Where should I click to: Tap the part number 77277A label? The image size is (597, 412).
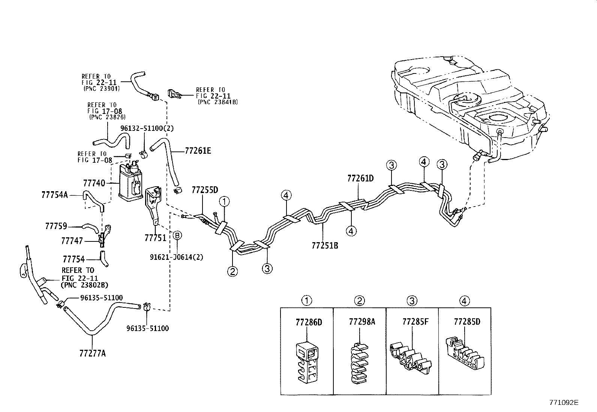pyautogui.click(x=92, y=353)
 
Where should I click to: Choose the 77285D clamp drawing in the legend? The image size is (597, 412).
pyautogui.click(x=463, y=355)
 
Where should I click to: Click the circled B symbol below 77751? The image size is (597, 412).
pyautogui.click(x=177, y=235)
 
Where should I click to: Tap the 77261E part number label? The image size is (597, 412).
pyautogui.click(x=198, y=151)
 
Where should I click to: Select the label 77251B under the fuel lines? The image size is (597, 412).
pyautogui.click(x=325, y=246)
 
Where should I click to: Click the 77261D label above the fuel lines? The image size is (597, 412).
pyautogui.click(x=360, y=178)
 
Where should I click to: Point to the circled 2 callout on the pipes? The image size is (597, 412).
pyautogui.click(x=232, y=271)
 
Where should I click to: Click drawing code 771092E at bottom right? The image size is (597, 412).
pyautogui.click(x=564, y=402)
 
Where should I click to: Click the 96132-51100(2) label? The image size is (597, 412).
pyautogui.click(x=147, y=128)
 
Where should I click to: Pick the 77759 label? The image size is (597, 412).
pyautogui.click(x=56, y=226)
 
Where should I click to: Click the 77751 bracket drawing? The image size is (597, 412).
pyautogui.click(x=153, y=204)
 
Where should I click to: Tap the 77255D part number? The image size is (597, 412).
pyautogui.click(x=205, y=190)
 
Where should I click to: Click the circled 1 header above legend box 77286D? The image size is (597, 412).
pyautogui.click(x=307, y=301)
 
